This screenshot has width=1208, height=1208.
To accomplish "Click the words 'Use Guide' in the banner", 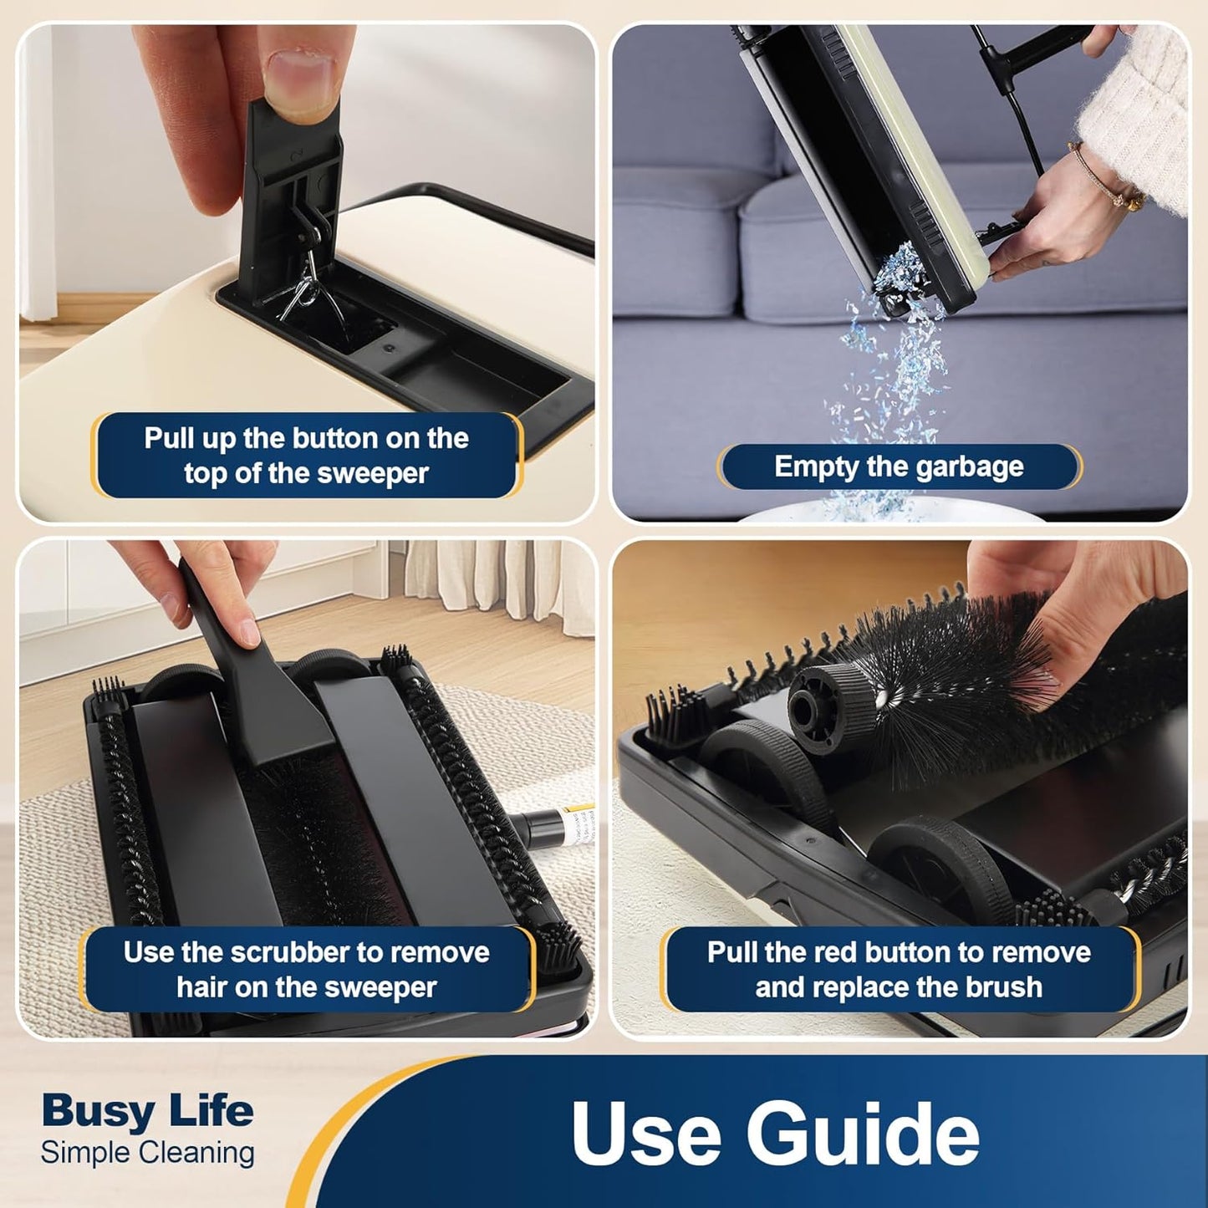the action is pos(775,1132).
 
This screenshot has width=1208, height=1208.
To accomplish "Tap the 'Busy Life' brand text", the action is pos(147,1110).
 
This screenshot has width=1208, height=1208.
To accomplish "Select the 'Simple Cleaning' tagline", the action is pos(147,1152).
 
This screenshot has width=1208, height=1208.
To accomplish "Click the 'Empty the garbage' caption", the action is pos(899,467).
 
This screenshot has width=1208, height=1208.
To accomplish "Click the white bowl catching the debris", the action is pos(890,510).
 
